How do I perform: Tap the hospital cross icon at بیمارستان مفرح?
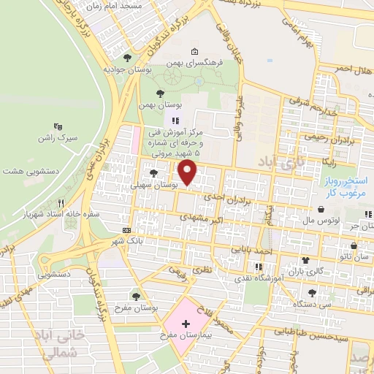[186, 322]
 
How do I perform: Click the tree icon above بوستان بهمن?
[161, 92]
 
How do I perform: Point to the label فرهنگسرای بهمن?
[193, 64]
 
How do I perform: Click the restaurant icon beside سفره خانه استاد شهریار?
[62, 203]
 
